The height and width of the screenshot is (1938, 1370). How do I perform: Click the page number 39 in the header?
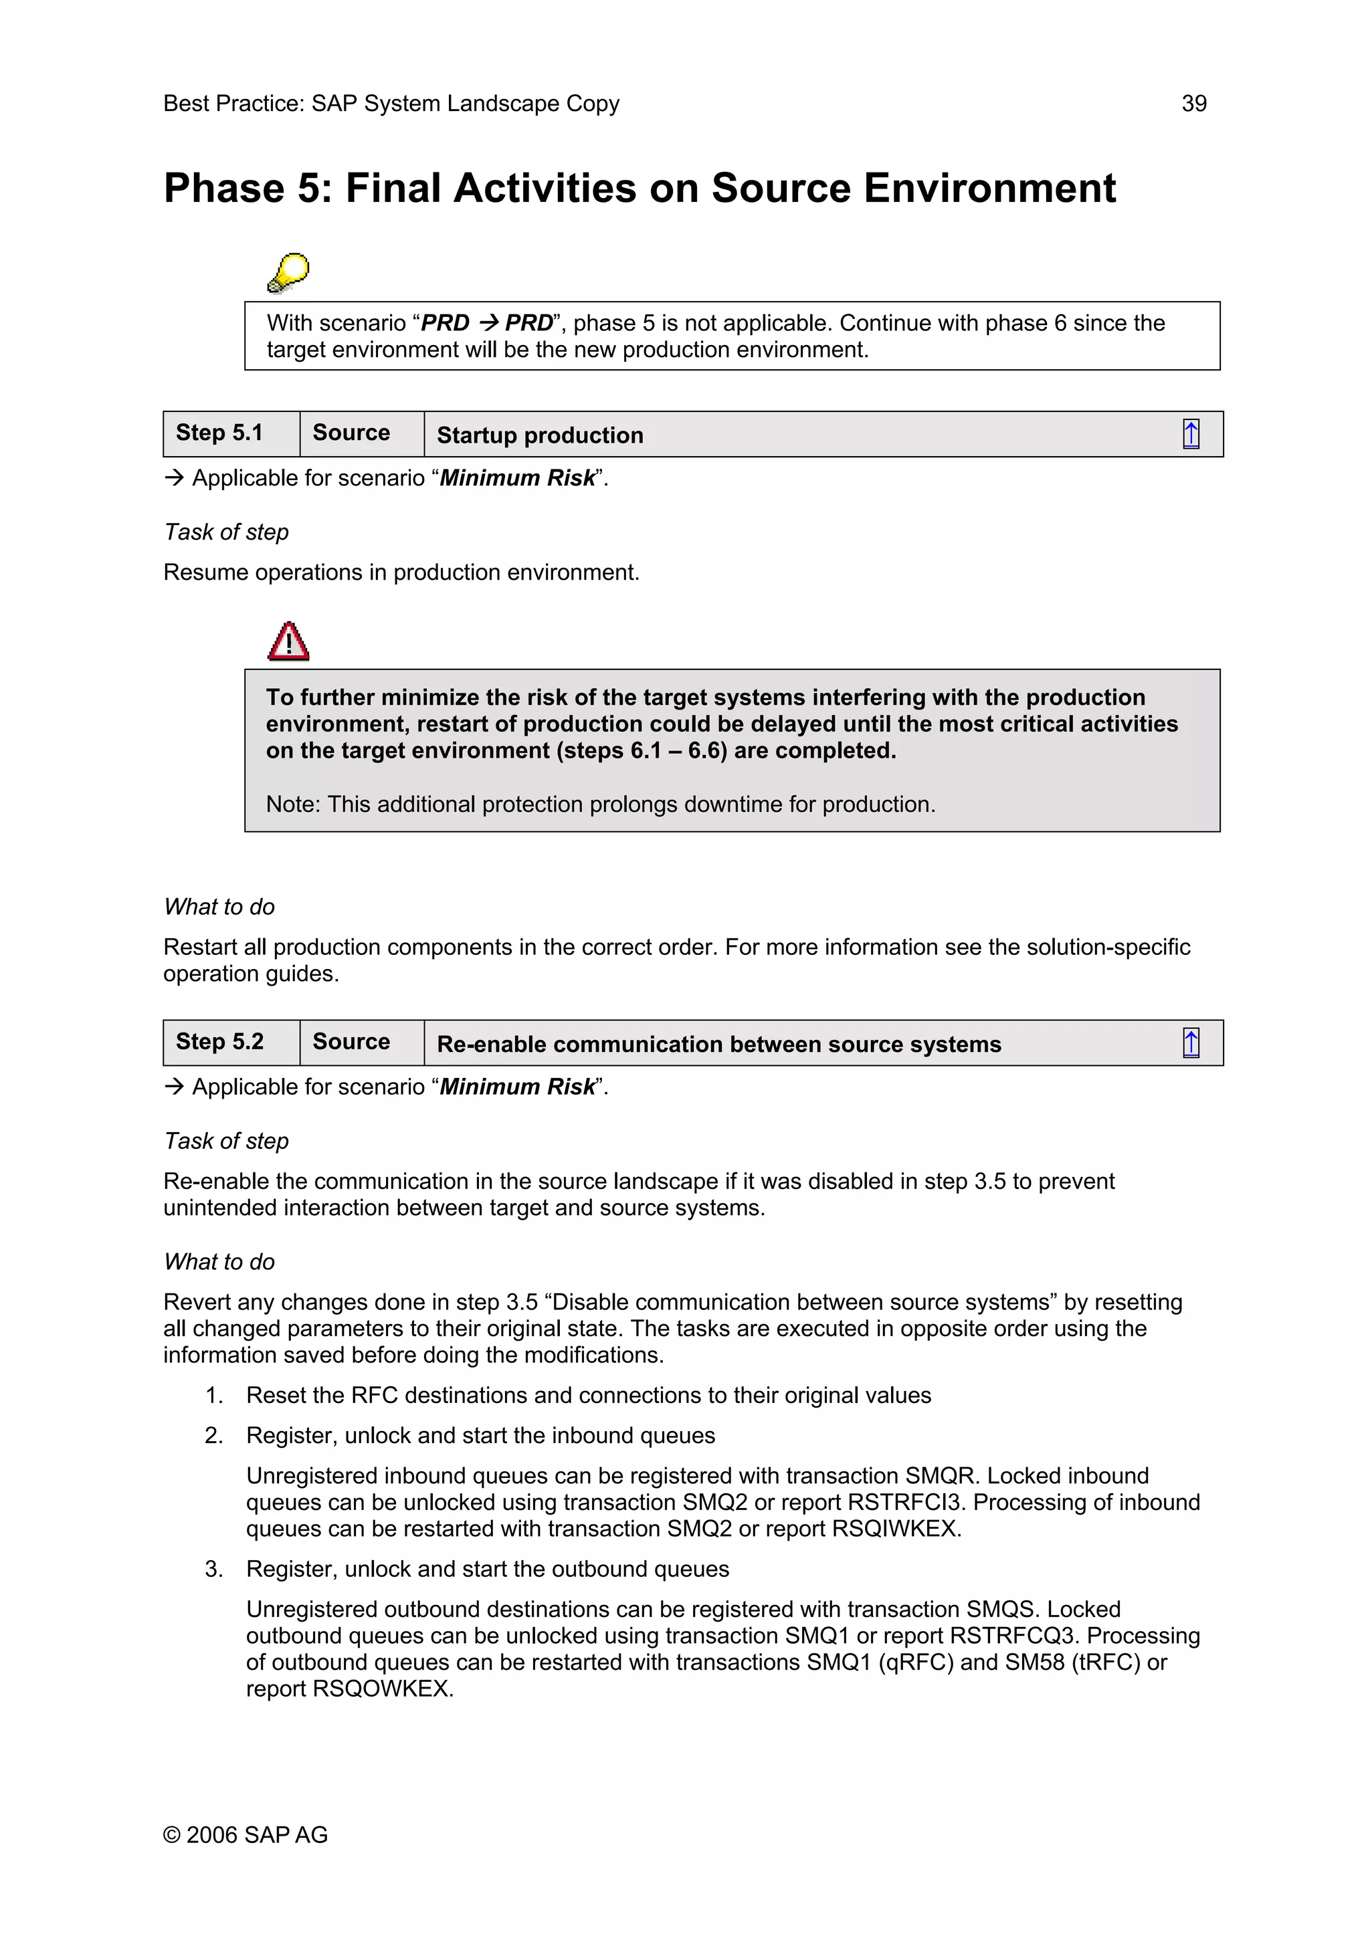coord(1193,104)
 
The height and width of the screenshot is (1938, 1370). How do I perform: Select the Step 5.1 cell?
coord(219,433)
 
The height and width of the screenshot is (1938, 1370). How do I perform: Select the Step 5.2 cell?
coord(219,1042)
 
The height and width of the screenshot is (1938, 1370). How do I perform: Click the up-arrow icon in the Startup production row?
coord(1190,434)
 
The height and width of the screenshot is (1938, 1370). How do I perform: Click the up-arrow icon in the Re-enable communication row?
coord(1190,1043)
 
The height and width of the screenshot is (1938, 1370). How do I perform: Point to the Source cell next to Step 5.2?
coord(351,1042)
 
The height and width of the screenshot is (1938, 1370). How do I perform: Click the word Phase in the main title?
coord(223,188)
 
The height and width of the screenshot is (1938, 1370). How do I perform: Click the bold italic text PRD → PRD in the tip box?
coord(486,323)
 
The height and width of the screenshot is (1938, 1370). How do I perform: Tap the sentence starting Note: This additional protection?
coord(600,804)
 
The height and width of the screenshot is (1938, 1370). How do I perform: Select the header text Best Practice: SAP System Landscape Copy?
coord(391,104)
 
